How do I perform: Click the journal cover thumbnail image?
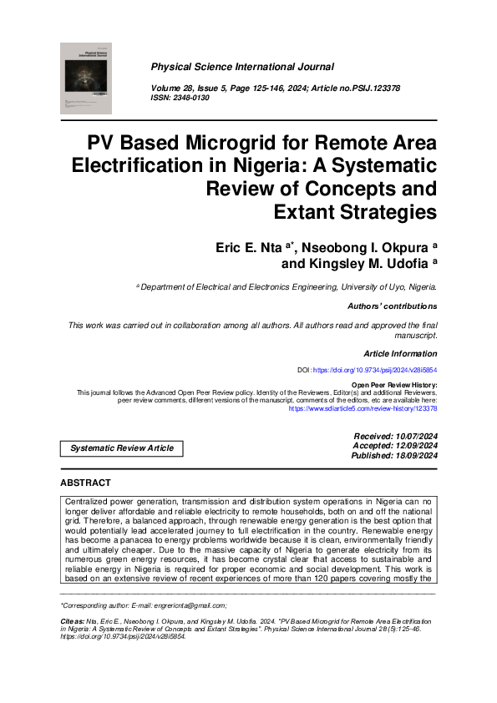click(x=85, y=78)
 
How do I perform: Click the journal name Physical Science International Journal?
click(x=241, y=67)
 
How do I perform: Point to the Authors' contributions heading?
click(x=392, y=306)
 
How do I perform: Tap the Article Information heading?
click(x=400, y=354)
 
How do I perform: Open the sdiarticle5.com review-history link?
click(x=363, y=409)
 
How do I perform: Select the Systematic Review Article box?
click(x=122, y=448)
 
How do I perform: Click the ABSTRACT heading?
click(x=85, y=483)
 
